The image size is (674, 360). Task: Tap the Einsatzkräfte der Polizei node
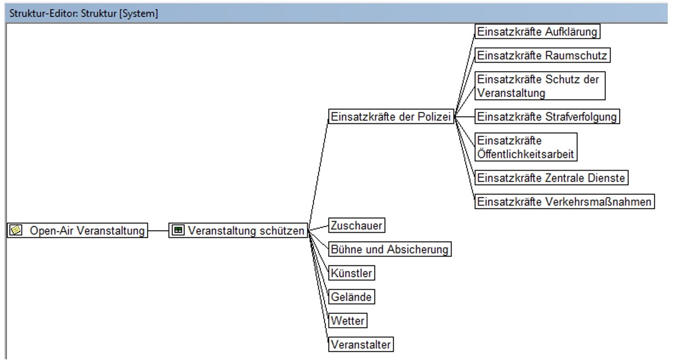coord(391,116)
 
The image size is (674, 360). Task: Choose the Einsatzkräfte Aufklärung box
coord(537,32)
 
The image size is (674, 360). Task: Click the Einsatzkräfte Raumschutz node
coord(542,56)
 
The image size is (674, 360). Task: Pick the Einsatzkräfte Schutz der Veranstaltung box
coord(540,86)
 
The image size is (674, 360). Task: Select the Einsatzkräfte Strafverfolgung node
coord(547,116)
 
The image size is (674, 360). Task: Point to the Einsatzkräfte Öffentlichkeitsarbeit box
coord(526,147)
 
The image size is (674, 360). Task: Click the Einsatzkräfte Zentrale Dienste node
coord(551,178)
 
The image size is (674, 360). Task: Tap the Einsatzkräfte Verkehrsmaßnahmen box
coord(565,202)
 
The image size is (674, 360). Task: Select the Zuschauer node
coord(357,225)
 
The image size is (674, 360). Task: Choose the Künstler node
coord(351,273)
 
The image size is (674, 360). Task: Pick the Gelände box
coord(351,297)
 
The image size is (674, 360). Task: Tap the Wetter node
coord(348,321)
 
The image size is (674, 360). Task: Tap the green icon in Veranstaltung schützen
coord(178,231)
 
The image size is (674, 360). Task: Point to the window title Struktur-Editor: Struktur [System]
coord(84,14)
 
